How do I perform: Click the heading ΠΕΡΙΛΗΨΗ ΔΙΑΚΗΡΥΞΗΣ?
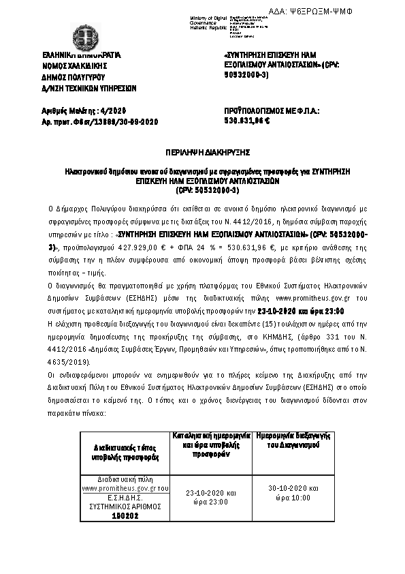201,152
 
